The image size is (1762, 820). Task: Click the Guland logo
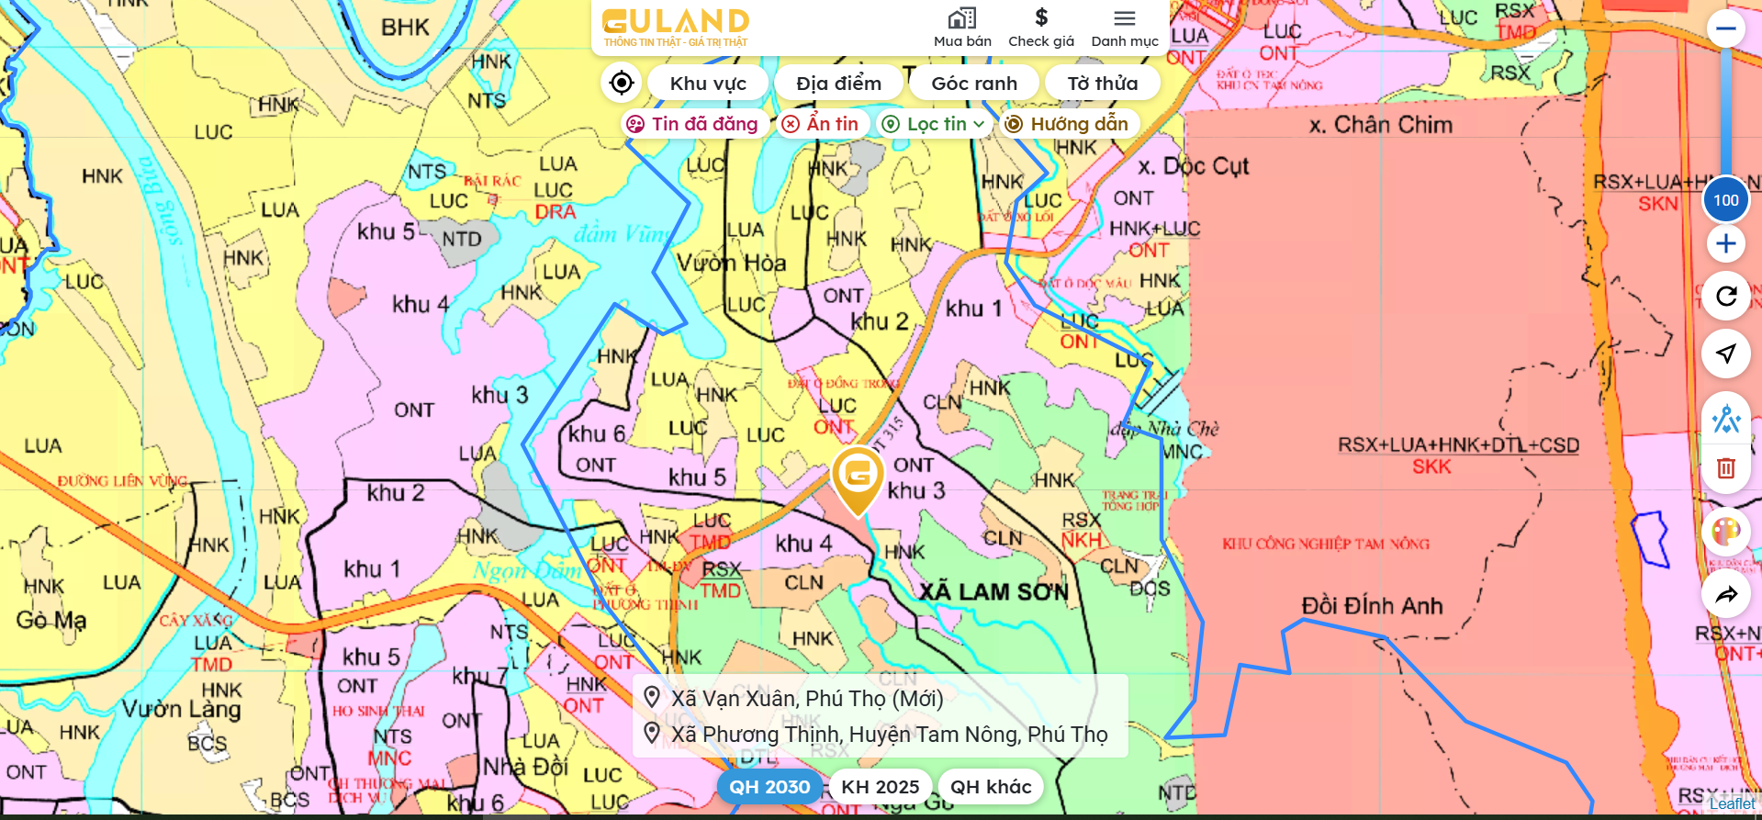click(675, 28)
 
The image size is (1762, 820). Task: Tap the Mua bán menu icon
click(962, 28)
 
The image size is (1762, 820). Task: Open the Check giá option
click(1040, 28)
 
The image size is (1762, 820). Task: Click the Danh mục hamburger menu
click(1125, 28)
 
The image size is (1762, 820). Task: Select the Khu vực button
click(708, 84)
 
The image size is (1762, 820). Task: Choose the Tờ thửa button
click(1102, 84)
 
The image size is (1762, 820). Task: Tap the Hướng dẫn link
click(1068, 124)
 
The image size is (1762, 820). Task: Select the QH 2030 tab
click(769, 787)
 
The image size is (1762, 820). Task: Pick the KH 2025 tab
click(880, 787)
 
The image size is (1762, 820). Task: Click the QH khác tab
click(991, 787)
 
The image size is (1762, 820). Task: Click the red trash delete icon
click(1726, 468)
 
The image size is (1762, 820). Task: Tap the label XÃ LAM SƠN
click(993, 592)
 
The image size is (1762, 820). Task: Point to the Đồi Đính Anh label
click(1372, 606)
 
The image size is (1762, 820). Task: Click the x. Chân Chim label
click(1381, 125)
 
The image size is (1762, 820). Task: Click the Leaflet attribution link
click(1732, 804)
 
